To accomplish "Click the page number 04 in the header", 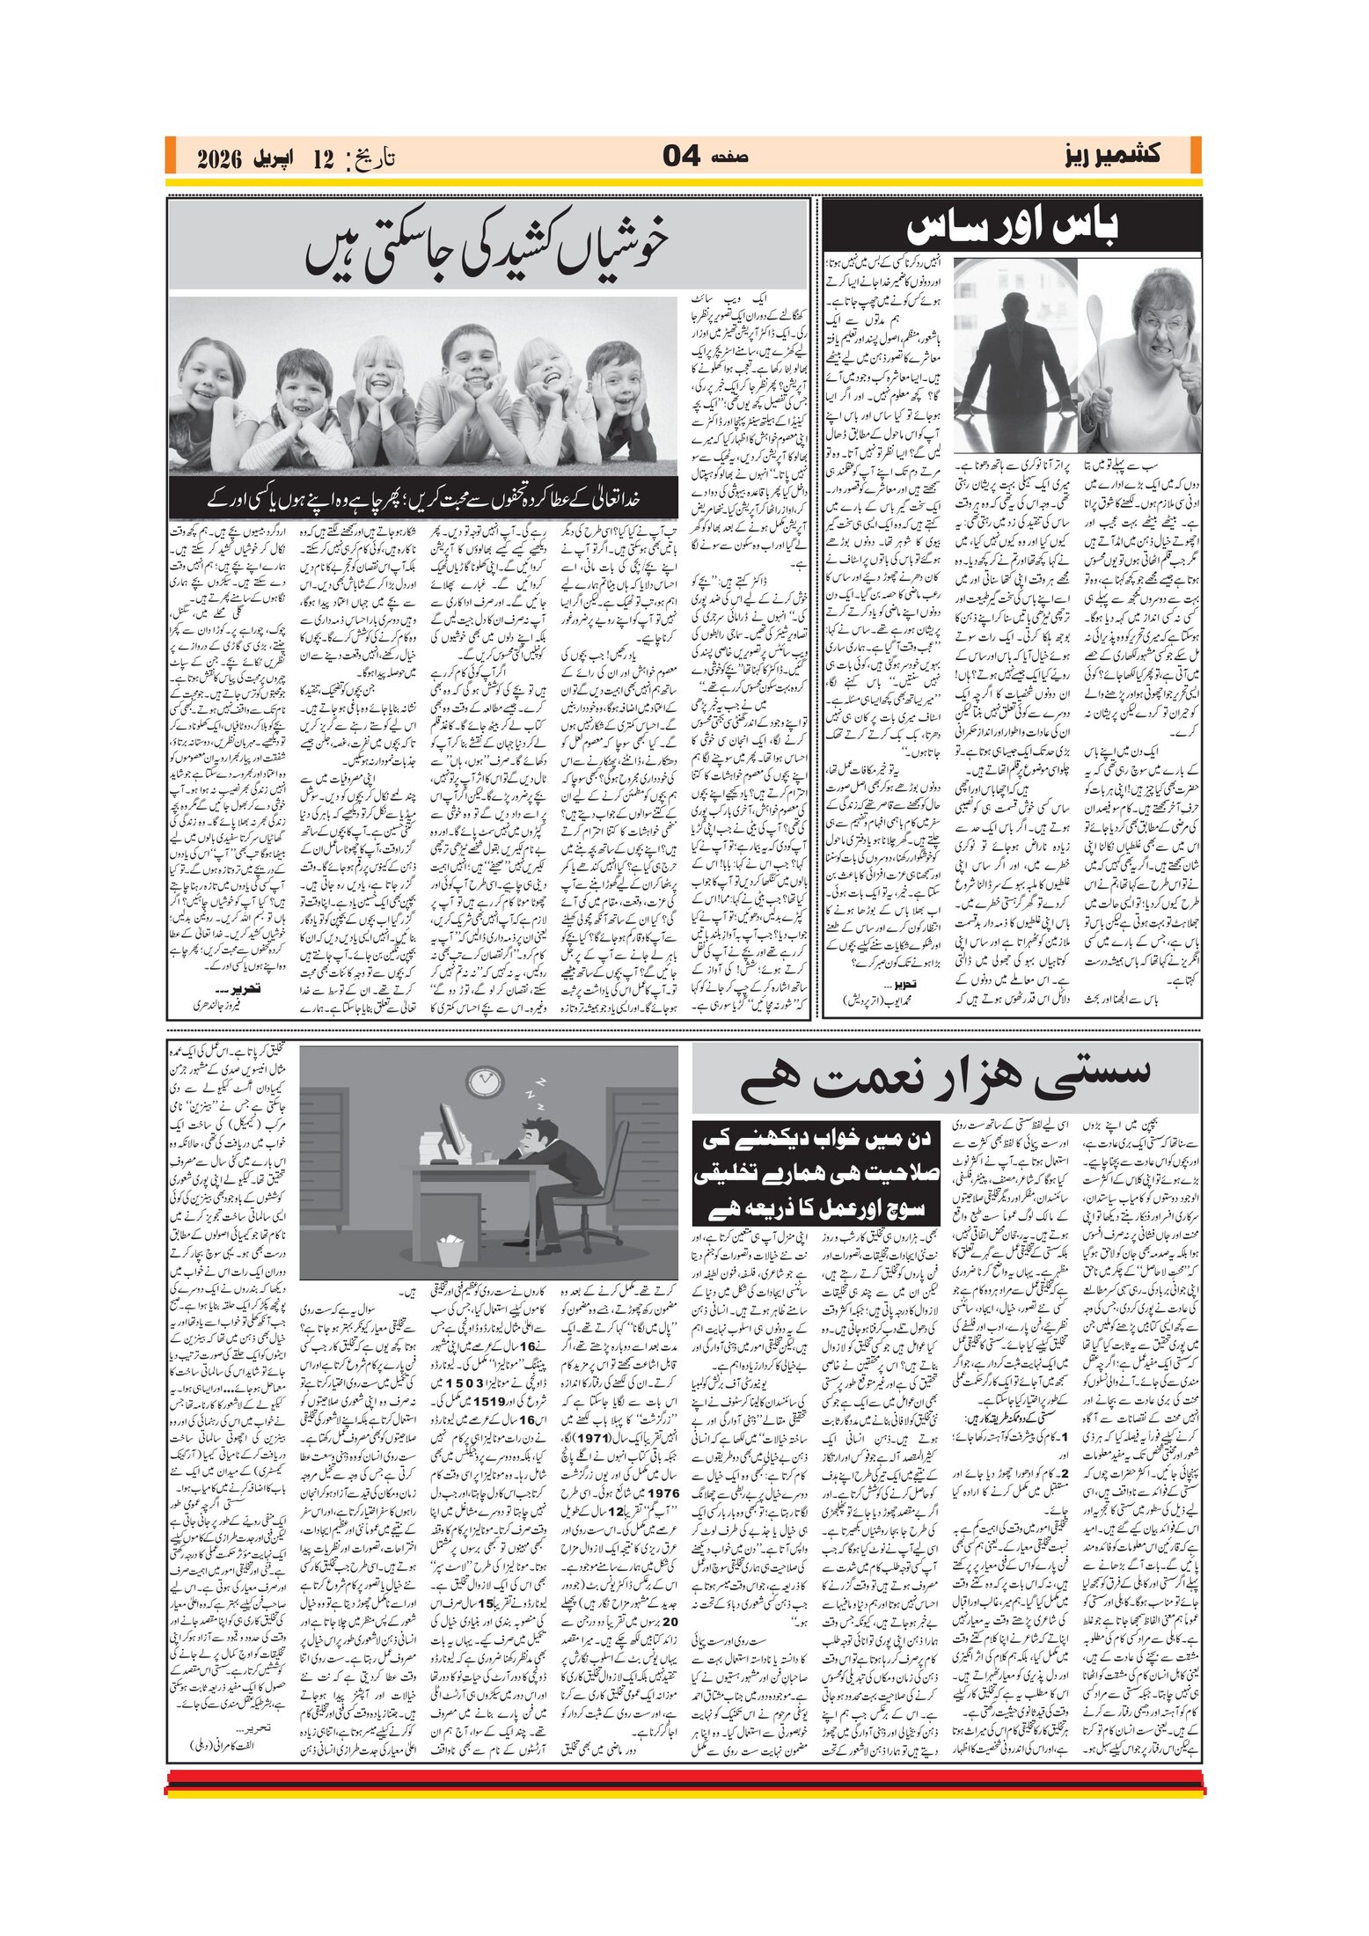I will pyautogui.click(x=681, y=157).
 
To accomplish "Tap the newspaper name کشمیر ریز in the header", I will pyautogui.click(x=1109, y=155).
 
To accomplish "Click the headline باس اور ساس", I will pyautogui.click(x=1012, y=228).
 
